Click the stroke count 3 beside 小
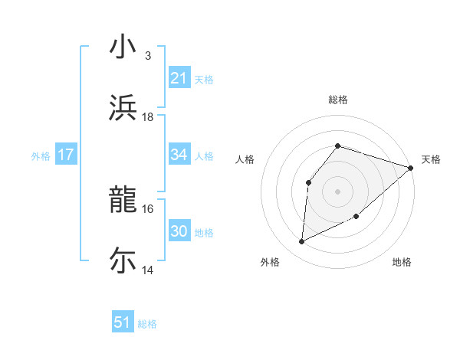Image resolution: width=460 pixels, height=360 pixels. [x=148, y=56]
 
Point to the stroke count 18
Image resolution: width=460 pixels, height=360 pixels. [x=148, y=116]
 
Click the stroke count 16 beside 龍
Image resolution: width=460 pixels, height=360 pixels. [x=148, y=208]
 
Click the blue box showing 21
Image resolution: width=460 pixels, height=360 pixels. [x=179, y=78]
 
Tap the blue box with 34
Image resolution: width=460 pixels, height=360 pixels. [x=179, y=155]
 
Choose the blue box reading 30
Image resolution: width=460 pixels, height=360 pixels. [x=179, y=231]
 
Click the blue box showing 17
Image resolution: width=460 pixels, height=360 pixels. [x=66, y=155]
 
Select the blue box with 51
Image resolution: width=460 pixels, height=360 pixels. [x=123, y=322]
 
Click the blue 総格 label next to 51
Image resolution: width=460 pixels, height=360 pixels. [x=147, y=324]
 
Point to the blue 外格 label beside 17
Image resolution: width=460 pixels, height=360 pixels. [x=41, y=156]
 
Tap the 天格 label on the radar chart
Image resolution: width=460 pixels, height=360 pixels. [x=431, y=159]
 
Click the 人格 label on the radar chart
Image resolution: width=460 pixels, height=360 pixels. [x=245, y=159]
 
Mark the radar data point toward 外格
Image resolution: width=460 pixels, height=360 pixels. [x=302, y=242]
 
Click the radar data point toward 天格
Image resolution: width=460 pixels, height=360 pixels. [x=410, y=168]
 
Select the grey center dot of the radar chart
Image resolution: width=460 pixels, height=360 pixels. [x=337, y=191]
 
